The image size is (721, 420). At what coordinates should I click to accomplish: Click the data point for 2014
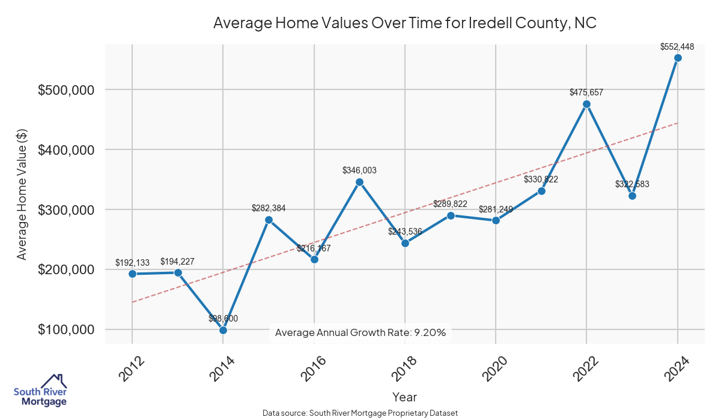tap(223, 330)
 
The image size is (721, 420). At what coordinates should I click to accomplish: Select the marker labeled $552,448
tap(678, 58)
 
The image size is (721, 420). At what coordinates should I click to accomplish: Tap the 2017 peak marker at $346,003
tap(359, 182)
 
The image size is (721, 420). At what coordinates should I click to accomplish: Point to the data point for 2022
tap(586, 104)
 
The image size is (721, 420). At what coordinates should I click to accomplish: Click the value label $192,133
tap(132, 263)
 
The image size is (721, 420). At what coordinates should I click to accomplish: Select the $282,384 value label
tap(269, 208)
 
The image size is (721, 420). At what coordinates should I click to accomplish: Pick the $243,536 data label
tap(405, 231)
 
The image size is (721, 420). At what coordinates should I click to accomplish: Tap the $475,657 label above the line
tap(586, 92)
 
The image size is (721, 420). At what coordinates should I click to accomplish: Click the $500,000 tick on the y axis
tap(66, 90)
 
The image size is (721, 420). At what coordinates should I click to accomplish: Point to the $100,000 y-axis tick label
tap(66, 330)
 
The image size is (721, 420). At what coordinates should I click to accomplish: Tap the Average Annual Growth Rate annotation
tap(360, 332)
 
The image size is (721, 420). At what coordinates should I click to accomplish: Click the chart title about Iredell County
tap(404, 23)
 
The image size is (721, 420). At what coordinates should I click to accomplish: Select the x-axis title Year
tap(404, 397)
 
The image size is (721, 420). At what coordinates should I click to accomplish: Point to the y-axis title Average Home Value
tap(22, 194)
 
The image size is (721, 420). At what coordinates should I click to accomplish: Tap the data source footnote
tap(360, 413)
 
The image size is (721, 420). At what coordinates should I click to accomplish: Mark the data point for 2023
tap(632, 196)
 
